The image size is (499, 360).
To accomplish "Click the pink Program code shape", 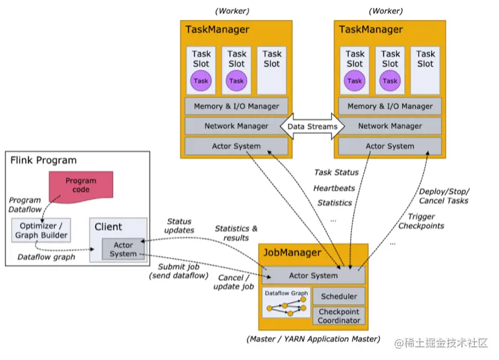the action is tap(81, 187).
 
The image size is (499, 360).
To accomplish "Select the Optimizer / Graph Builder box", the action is tap(41, 230).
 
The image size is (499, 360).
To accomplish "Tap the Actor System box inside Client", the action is tap(123, 249).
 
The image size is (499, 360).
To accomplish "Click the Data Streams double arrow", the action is tap(312, 127).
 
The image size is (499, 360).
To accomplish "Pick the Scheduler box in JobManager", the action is tap(339, 296).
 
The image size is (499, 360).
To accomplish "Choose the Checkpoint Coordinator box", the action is tap(339, 316).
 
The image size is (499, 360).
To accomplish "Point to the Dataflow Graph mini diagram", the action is tap(286, 302).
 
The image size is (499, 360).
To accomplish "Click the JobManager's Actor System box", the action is tap(314, 275).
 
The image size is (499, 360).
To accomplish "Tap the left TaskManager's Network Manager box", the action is tap(236, 126).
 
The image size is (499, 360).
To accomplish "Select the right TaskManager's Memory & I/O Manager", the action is tap(390, 106).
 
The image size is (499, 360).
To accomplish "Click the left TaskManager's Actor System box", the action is tap(236, 146).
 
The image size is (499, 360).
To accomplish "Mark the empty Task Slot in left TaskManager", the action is tap(272, 70).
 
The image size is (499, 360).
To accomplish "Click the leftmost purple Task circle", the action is tap(201, 81).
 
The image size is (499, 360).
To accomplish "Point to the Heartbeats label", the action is tap(334, 188).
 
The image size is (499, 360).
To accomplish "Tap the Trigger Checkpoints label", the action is tap(421, 221).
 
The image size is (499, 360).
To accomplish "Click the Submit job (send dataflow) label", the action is tap(179, 271).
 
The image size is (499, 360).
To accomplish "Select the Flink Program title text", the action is tap(44, 160).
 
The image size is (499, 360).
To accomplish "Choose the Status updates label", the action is tap(179, 225).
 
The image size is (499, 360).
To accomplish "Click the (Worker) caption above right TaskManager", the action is tap(386, 11).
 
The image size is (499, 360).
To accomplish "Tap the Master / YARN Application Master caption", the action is tap(314, 339).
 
